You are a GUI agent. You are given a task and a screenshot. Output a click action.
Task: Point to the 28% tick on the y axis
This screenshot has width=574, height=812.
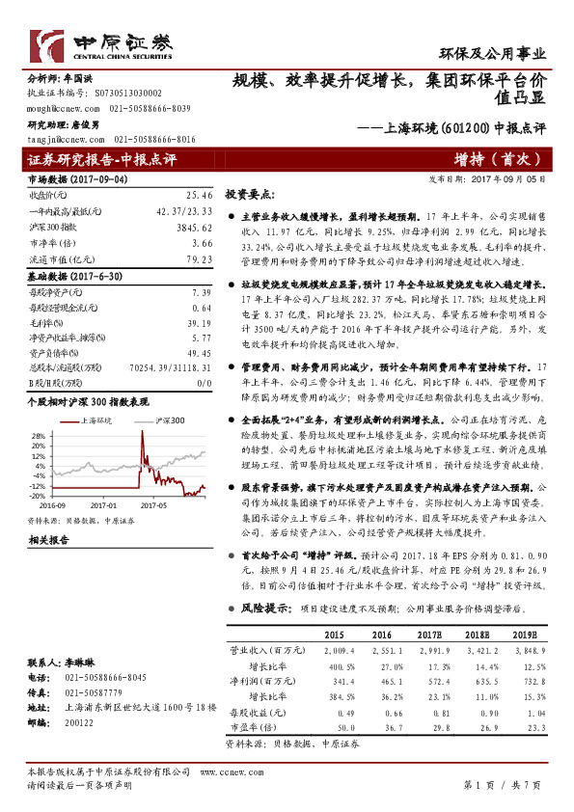coord(39,435)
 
